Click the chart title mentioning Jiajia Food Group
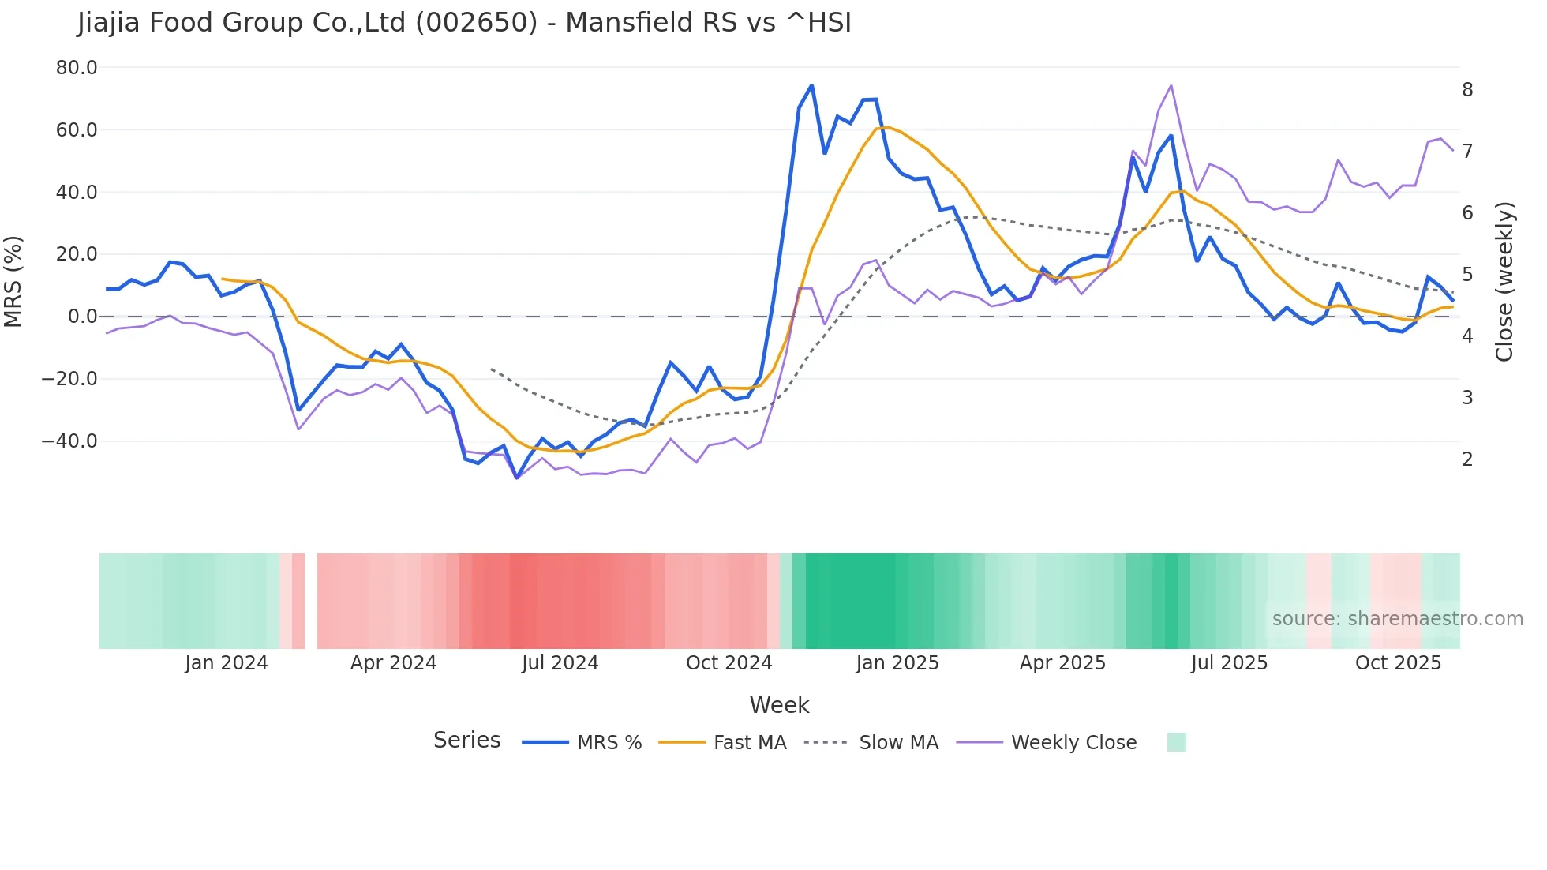(x=464, y=23)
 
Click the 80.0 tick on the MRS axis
(x=77, y=68)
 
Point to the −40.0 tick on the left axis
(x=70, y=441)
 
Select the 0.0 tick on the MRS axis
(x=83, y=317)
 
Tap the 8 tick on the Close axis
(x=1467, y=90)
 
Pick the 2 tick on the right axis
(x=1467, y=459)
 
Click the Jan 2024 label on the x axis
(x=227, y=663)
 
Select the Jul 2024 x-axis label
(x=560, y=663)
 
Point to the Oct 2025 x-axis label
(x=1398, y=663)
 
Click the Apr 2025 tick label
(x=1062, y=663)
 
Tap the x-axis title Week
(x=779, y=705)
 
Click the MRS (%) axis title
(x=13, y=282)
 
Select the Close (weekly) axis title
(x=1504, y=282)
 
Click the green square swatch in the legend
(x=1176, y=742)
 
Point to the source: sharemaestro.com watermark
(x=1397, y=619)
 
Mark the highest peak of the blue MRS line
(x=811, y=85)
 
